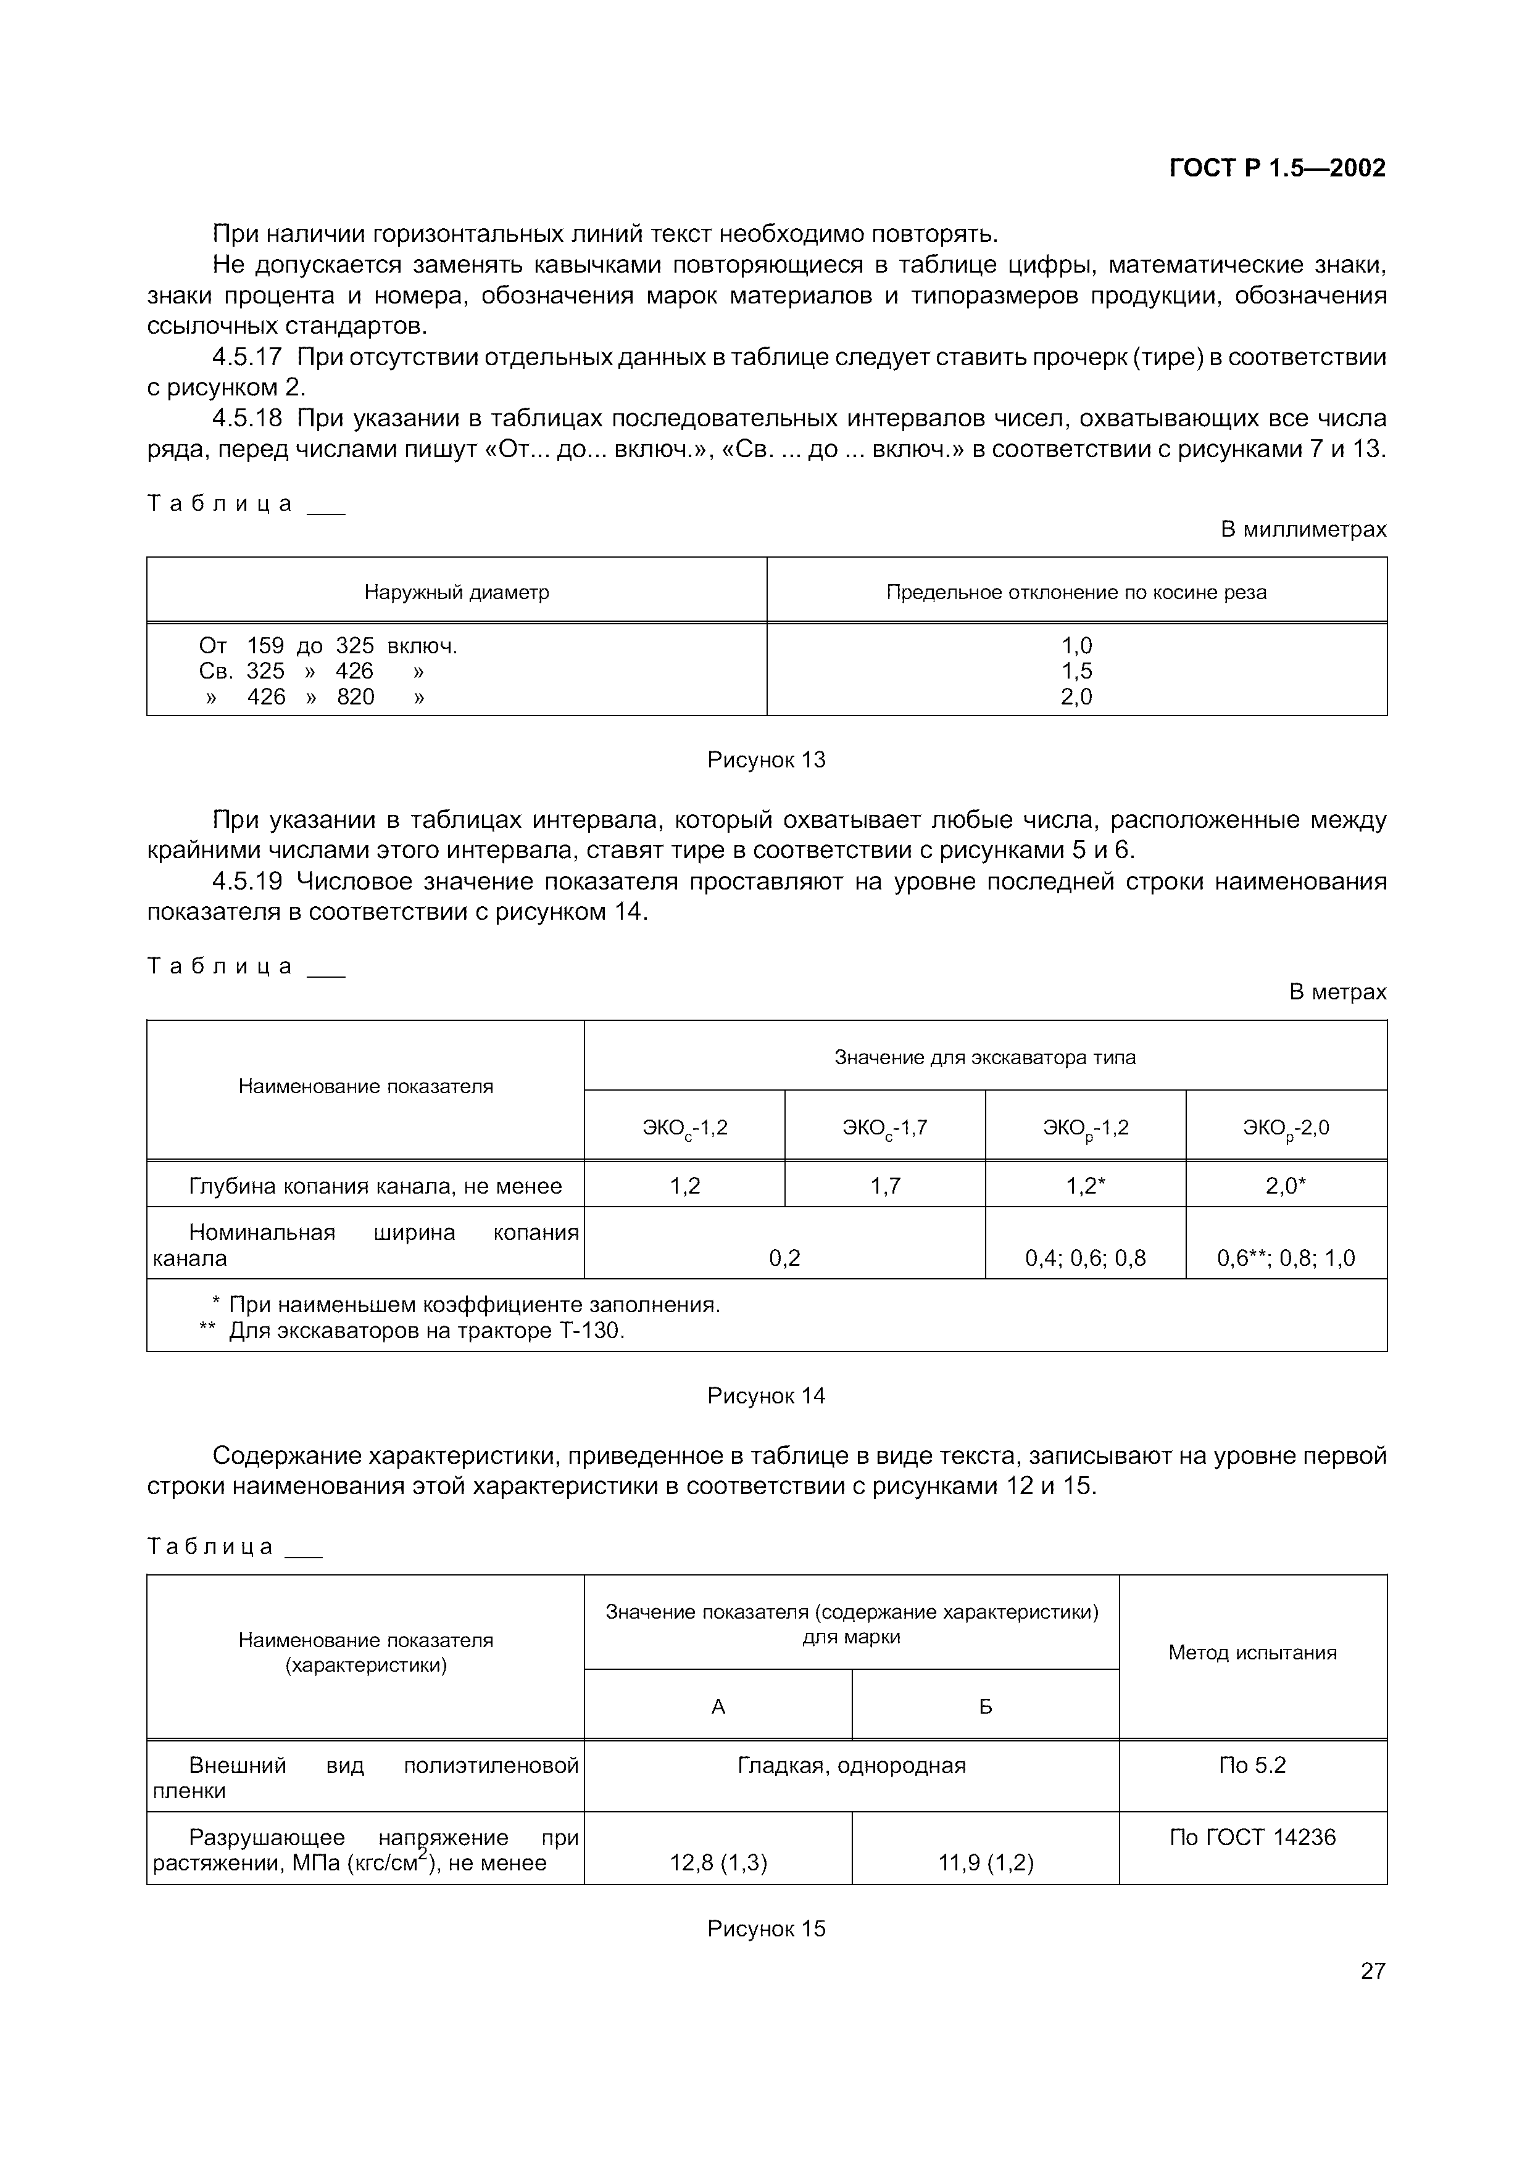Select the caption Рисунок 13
pyautogui.click(x=765, y=759)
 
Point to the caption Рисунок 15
pyautogui.click(x=765, y=1928)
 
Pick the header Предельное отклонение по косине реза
pyautogui.click(x=1076, y=593)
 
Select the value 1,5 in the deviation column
pyautogui.click(x=1076, y=671)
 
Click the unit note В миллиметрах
pyautogui.click(x=1303, y=530)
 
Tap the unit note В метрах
pyautogui.click(x=1337, y=991)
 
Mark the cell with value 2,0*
pyautogui.click(x=1286, y=1186)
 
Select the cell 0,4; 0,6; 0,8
pyautogui.click(x=1085, y=1258)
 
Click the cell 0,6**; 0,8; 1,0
pyautogui.click(x=1286, y=1258)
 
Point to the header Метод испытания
pyautogui.click(x=1252, y=1652)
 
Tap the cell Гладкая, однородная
pyautogui.click(x=851, y=1765)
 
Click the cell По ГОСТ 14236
pyautogui.click(x=1252, y=1837)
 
